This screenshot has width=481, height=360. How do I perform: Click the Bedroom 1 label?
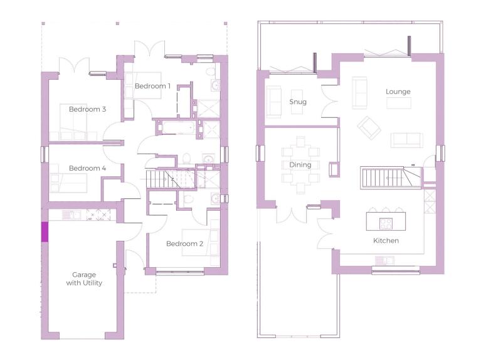pyautogui.click(x=152, y=87)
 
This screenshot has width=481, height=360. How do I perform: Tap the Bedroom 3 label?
pyautogui.click(x=87, y=109)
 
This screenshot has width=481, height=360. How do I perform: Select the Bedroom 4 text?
pyautogui.click(x=87, y=168)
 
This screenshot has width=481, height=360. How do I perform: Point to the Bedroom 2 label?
pyautogui.click(x=184, y=244)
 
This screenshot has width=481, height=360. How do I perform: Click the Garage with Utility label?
pyautogui.click(x=84, y=278)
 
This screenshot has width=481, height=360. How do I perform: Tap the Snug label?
pyautogui.click(x=298, y=102)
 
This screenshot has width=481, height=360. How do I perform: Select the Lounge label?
pyautogui.click(x=398, y=92)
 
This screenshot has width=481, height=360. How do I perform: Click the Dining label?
pyautogui.click(x=300, y=165)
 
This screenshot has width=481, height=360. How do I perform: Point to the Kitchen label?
pyautogui.click(x=386, y=241)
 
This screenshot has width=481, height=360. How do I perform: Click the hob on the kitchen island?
pyautogui.click(x=386, y=223)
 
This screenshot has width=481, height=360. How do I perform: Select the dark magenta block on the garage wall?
pyautogui.click(x=45, y=231)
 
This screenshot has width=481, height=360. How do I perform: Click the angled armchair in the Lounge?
pyautogui.click(x=369, y=128)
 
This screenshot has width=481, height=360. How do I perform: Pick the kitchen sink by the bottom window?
pyautogui.click(x=384, y=261)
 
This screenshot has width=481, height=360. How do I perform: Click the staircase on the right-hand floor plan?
pyautogui.click(x=390, y=177)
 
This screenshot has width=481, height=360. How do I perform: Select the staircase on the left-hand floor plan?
pyautogui.click(x=171, y=178)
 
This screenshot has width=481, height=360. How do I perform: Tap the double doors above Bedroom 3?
pyautogui.click(x=74, y=65)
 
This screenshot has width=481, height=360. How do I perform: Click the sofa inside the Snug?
pyautogui.click(x=273, y=102)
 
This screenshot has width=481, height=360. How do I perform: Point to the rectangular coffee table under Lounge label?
pyautogui.click(x=398, y=103)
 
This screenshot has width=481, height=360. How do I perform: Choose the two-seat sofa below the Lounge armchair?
pyautogui.click(x=407, y=140)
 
